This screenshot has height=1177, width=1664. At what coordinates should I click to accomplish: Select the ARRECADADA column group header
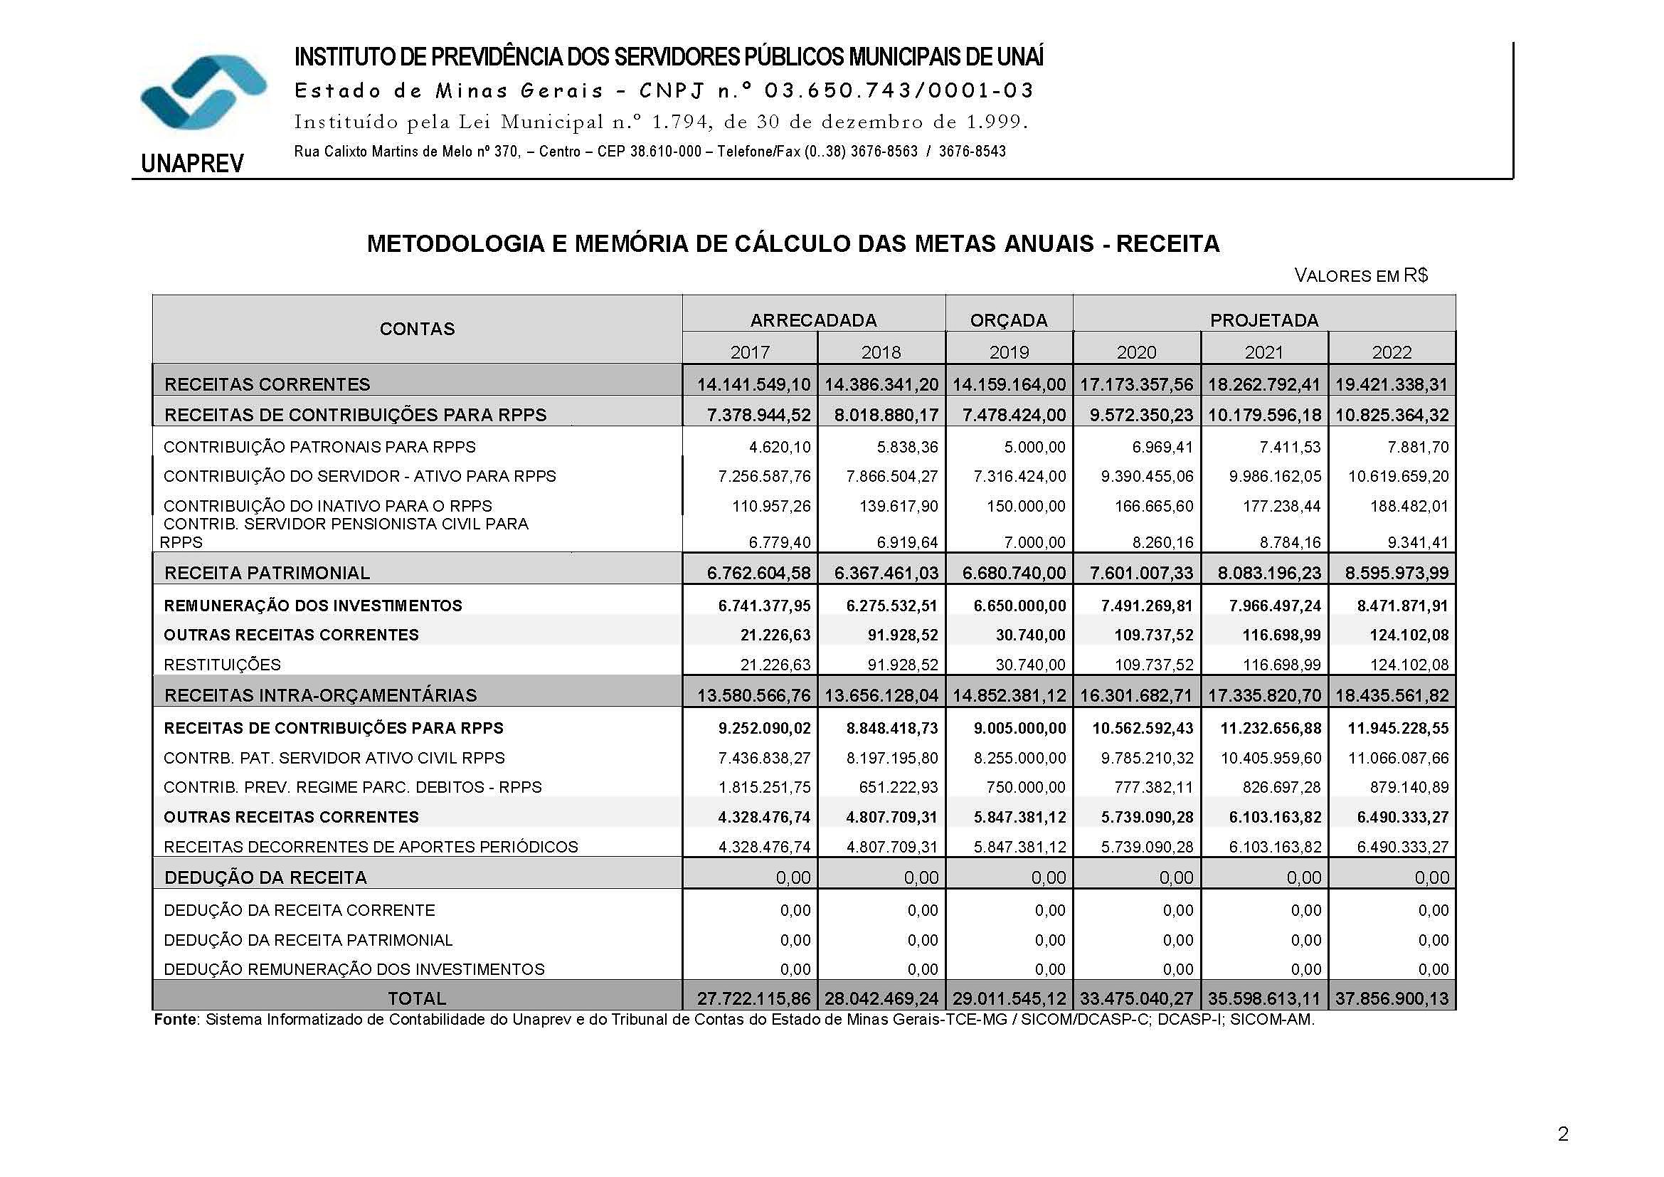tap(813, 320)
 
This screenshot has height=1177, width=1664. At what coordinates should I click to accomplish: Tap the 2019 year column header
tap(1009, 352)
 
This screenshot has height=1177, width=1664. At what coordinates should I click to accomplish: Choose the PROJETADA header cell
tap(1264, 320)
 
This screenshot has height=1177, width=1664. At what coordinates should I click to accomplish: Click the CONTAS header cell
tap(417, 329)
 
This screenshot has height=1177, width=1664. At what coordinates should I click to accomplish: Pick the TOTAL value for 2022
tap(1392, 998)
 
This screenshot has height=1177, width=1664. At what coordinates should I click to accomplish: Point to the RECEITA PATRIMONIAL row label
tap(267, 574)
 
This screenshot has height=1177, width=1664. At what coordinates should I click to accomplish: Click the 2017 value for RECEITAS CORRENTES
tap(753, 384)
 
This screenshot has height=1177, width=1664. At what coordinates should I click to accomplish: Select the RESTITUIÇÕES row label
tap(222, 665)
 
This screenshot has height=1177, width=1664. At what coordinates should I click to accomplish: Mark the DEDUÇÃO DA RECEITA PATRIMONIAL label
tap(308, 940)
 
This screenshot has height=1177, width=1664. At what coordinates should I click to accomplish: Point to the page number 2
tap(1562, 1134)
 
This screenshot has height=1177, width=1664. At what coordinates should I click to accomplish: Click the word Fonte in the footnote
tap(175, 1020)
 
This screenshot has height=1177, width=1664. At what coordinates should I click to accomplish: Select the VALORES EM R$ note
tap(1360, 275)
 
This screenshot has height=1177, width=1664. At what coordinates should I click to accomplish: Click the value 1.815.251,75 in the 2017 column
tap(764, 787)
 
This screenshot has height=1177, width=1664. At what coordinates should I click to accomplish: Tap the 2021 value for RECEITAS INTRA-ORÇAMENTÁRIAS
tap(1264, 696)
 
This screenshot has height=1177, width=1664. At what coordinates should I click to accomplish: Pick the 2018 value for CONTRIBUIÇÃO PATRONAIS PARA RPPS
tap(906, 447)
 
